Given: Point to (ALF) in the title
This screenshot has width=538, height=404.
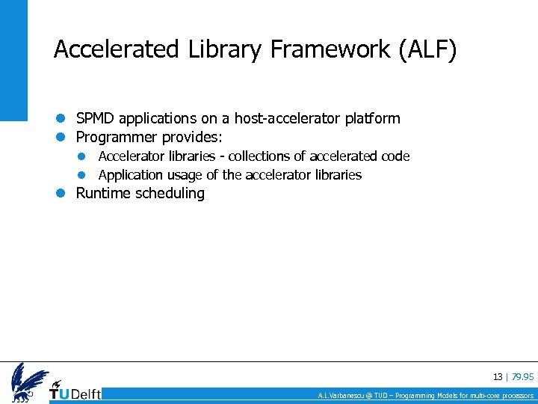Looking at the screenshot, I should coord(427,49).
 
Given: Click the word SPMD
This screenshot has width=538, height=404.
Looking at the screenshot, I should coord(95,118).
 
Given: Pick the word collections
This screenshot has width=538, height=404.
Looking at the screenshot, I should coord(262,156).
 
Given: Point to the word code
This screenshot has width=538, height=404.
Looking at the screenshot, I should coord(395,156).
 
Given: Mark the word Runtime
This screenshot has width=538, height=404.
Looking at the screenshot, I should coord(103,193).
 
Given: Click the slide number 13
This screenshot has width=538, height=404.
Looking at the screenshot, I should coord(498,377).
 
